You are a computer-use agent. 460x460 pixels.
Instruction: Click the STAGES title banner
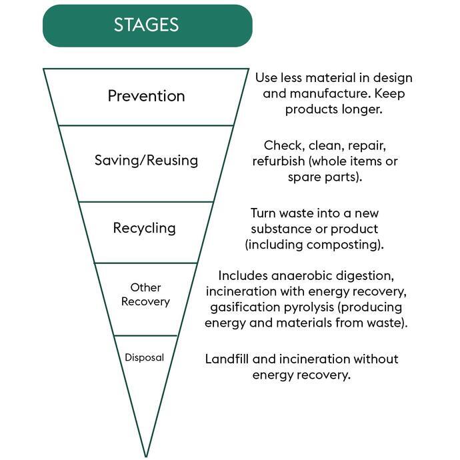tap(147, 25)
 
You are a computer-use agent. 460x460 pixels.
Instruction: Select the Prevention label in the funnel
tap(146, 95)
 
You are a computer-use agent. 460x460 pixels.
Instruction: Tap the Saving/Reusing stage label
tap(146, 160)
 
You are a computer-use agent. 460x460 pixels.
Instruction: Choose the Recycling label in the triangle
tap(144, 227)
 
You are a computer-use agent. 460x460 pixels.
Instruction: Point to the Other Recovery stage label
tap(146, 294)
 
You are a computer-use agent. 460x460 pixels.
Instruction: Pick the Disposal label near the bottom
tap(144, 357)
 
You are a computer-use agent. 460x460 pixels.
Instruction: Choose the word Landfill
tap(230, 359)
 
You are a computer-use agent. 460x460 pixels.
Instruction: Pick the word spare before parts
tap(305, 177)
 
